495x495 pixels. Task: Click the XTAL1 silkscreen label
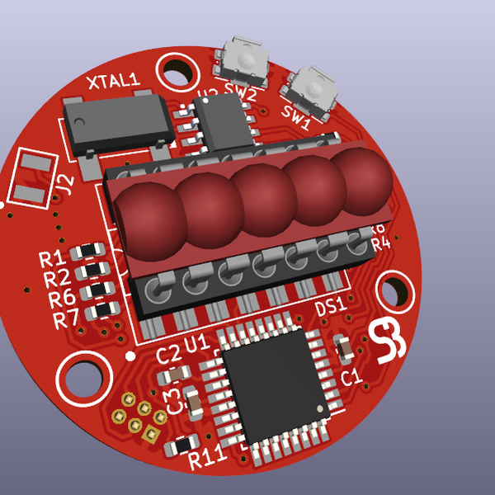pyautogui.click(x=114, y=82)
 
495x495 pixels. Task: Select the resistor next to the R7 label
pyautogui.click(x=102, y=309)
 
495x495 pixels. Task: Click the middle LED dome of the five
pyautogui.click(x=262, y=198)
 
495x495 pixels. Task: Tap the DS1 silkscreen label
pyautogui.click(x=331, y=309)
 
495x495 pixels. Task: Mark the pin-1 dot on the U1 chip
pyautogui.click(x=321, y=409)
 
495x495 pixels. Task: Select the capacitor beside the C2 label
pyautogui.click(x=175, y=376)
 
